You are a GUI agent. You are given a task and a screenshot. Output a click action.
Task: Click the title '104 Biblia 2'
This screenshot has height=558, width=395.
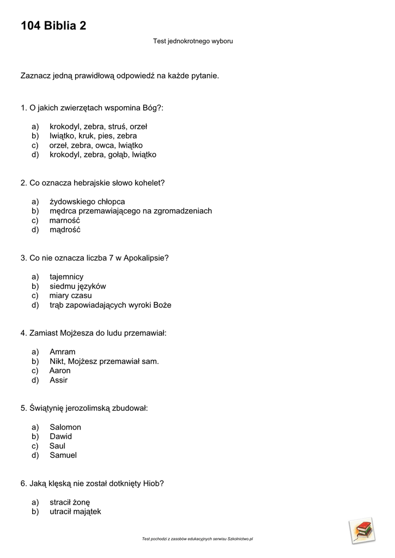click(53, 26)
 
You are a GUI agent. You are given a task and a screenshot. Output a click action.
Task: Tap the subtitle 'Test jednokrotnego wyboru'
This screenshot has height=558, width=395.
click(193, 41)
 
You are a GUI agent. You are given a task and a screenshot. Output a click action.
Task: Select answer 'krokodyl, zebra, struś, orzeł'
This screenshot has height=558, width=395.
click(98, 126)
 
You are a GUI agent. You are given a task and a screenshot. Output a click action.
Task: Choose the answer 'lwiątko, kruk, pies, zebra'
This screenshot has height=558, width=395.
click(93, 136)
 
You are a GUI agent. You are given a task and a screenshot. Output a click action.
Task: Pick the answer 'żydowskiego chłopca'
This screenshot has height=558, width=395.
click(87, 202)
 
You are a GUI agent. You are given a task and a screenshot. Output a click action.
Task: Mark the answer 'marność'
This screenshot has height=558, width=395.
click(65, 220)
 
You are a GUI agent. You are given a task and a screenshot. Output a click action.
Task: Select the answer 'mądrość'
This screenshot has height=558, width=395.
click(65, 230)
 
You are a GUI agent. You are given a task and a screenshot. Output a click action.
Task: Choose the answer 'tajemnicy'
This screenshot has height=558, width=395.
click(66, 277)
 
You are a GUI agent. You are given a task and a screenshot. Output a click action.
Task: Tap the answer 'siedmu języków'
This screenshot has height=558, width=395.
click(77, 286)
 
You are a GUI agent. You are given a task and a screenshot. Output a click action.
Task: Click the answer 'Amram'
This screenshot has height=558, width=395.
click(63, 352)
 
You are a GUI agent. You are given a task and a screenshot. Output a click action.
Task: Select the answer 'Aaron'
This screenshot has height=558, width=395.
click(60, 371)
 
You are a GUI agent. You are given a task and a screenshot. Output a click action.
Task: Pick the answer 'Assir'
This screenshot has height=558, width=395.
click(58, 380)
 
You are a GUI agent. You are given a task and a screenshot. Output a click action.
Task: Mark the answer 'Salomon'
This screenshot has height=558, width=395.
click(65, 427)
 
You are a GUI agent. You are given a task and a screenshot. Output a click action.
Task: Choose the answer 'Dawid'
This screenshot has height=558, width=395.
click(60, 436)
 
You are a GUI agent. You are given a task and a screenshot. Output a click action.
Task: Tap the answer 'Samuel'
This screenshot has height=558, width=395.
click(63, 455)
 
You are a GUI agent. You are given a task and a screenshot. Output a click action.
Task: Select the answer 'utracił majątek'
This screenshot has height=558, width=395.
click(75, 512)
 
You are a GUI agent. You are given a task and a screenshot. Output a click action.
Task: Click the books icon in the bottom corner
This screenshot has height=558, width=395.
click(362, 530)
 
